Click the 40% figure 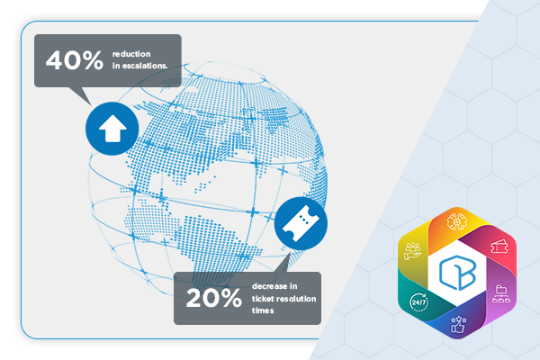coord(75,60)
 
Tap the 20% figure coord(214,298)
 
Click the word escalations coord(145,66)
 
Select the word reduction coord(131,54)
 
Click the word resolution coord(295,299)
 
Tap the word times coord(263,310)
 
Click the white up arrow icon coord(112,128)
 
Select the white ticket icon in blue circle coord(301,223)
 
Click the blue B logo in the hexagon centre coord(457,272)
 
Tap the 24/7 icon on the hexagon coord(419,302)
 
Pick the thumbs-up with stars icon coord(458,325)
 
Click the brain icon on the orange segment coord(456,222)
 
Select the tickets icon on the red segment coord(499,246)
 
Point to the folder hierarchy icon coord(501,294)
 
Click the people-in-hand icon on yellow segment coord(412,251)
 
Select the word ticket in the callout coord(262,299)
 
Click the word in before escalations coord(116,66)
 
